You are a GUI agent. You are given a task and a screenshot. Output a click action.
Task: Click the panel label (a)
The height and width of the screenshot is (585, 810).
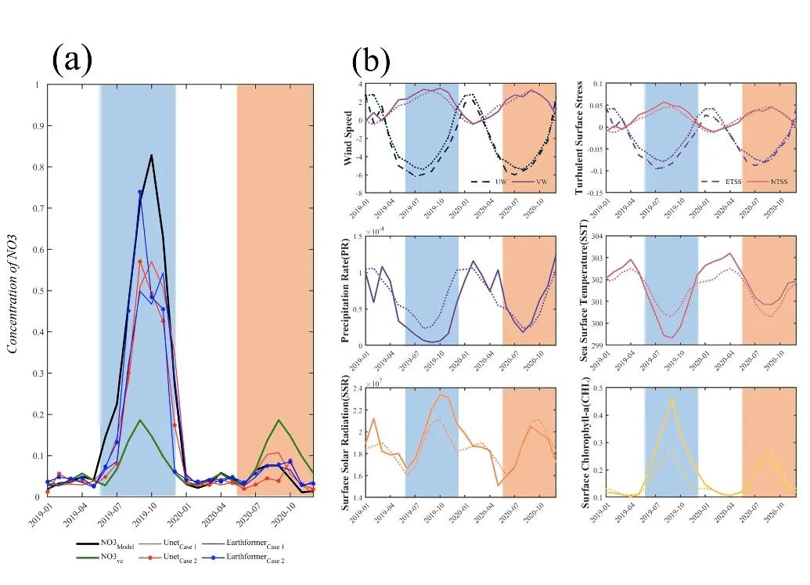[72, 59]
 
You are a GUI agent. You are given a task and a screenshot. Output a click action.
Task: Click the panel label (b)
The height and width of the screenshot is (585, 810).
[370, 59]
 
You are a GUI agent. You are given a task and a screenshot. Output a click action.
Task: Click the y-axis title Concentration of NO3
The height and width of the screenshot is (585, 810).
[13, 289]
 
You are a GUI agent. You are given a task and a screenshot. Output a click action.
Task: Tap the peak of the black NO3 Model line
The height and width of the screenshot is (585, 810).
[151, 155]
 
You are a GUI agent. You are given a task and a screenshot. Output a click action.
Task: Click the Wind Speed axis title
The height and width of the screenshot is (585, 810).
[347, 139]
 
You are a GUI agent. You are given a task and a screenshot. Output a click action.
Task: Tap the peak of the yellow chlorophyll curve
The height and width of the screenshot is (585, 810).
[671, 398]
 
